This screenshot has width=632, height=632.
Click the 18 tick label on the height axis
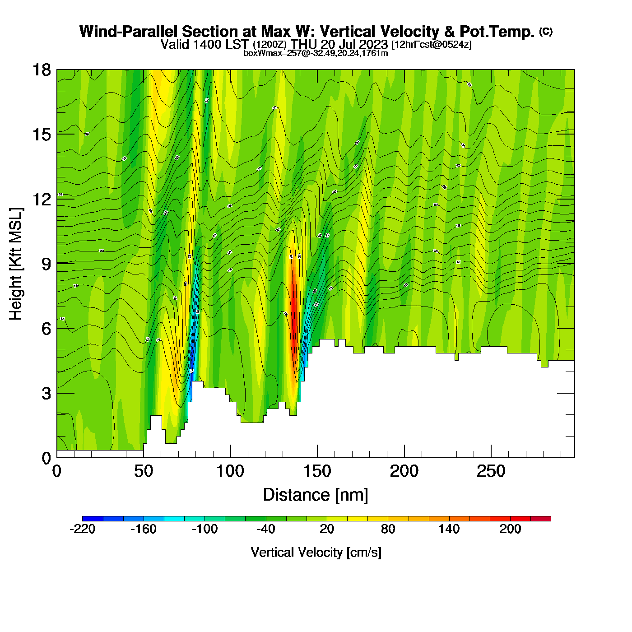tap(42, 70)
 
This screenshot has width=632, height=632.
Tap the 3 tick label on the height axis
tap(46, 393)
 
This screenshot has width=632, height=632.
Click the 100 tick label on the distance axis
tap(230, 471)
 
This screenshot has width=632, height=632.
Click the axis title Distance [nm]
tap(316, 495)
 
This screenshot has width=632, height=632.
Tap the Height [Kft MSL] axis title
tap(16, 264)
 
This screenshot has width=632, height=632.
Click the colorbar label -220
tap(83, 529)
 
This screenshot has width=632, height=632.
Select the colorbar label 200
tap(510, 529)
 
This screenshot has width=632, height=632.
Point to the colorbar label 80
tap(388, 529)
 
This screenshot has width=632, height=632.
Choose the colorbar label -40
tap(266, 529)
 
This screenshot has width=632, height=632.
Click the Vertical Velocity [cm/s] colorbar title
tap(316, 553)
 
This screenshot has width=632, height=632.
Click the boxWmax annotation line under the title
tap(316, 53)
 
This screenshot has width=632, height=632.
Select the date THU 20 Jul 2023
tap(339, 44)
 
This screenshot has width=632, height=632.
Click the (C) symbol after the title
tap(546, 31)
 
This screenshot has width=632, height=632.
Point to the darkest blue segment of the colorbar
tap(93, 519)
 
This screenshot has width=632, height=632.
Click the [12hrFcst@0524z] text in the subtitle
tap(432, 45)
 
